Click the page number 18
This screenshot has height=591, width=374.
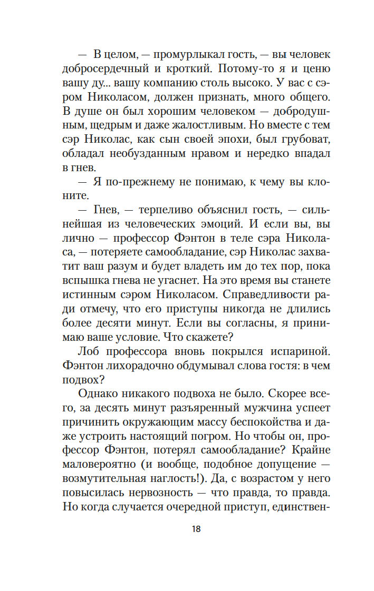(196, 529)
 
